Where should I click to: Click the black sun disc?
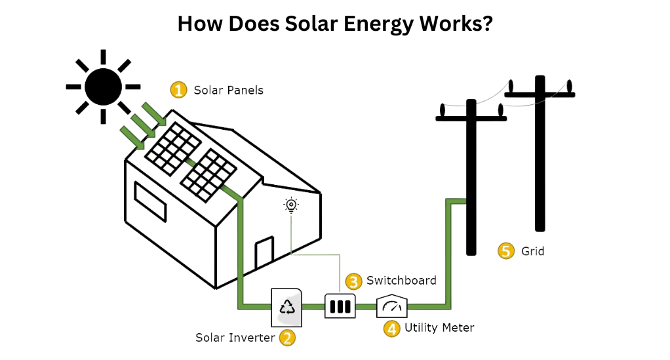[x=103, y=87]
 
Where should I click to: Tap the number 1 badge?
[x=178, y=90]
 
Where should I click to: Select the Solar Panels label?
[x=228, y=90]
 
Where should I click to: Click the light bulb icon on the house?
[x=291, y=205]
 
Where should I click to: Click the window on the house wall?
[x=150, y=201]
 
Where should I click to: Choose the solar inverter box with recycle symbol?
[x=287, y=307]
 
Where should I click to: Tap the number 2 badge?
[x=286, y=338]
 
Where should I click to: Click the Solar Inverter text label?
[x=235, y=338]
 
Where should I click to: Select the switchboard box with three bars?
[x=340, y=306]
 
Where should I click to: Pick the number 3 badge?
[x=353, y=281]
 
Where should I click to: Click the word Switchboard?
[x=401, y=281]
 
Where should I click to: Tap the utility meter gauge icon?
[x=391, y=305]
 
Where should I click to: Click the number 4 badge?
[x=391, y=328]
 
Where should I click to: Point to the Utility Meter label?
[x=439, y=327]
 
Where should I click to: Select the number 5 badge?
[x=505, y=251]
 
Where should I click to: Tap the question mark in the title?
[x=487, y=24]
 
